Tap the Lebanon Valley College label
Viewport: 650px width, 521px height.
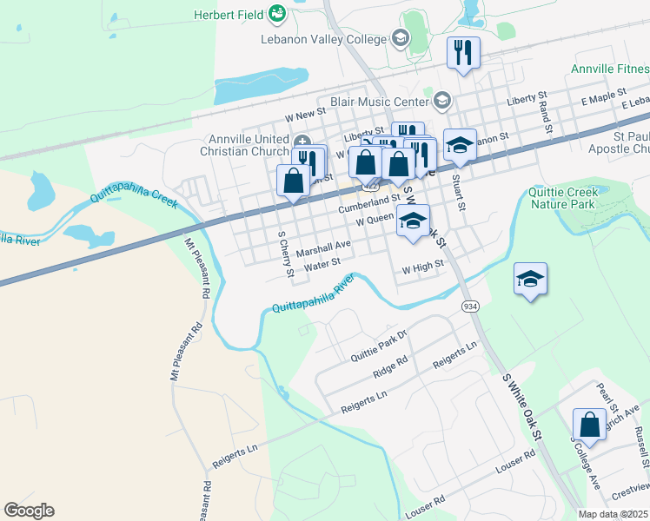pos(322,39)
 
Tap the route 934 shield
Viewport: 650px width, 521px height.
pos(470,307)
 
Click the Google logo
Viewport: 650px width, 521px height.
pos(29,510)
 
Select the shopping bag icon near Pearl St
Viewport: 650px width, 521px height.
pos(589,425)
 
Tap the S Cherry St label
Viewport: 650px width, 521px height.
pos(285,255)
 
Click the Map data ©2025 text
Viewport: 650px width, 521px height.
pos(614,514)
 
